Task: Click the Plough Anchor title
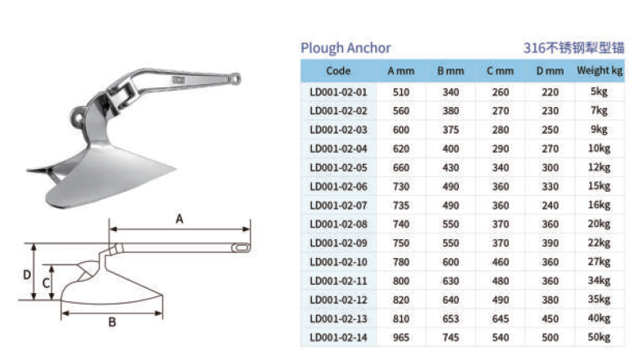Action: coord(346,48)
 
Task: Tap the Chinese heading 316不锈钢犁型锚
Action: coord(573,48)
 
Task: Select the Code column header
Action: coord(338,71)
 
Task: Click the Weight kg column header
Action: coord(600,71)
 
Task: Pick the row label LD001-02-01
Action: coord(338,92)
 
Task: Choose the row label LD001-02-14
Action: coord(338,337)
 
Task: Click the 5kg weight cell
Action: coord(599,91)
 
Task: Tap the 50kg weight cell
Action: coord(599,337)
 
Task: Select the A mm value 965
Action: coord(401,337)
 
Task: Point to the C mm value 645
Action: coord(501,318)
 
